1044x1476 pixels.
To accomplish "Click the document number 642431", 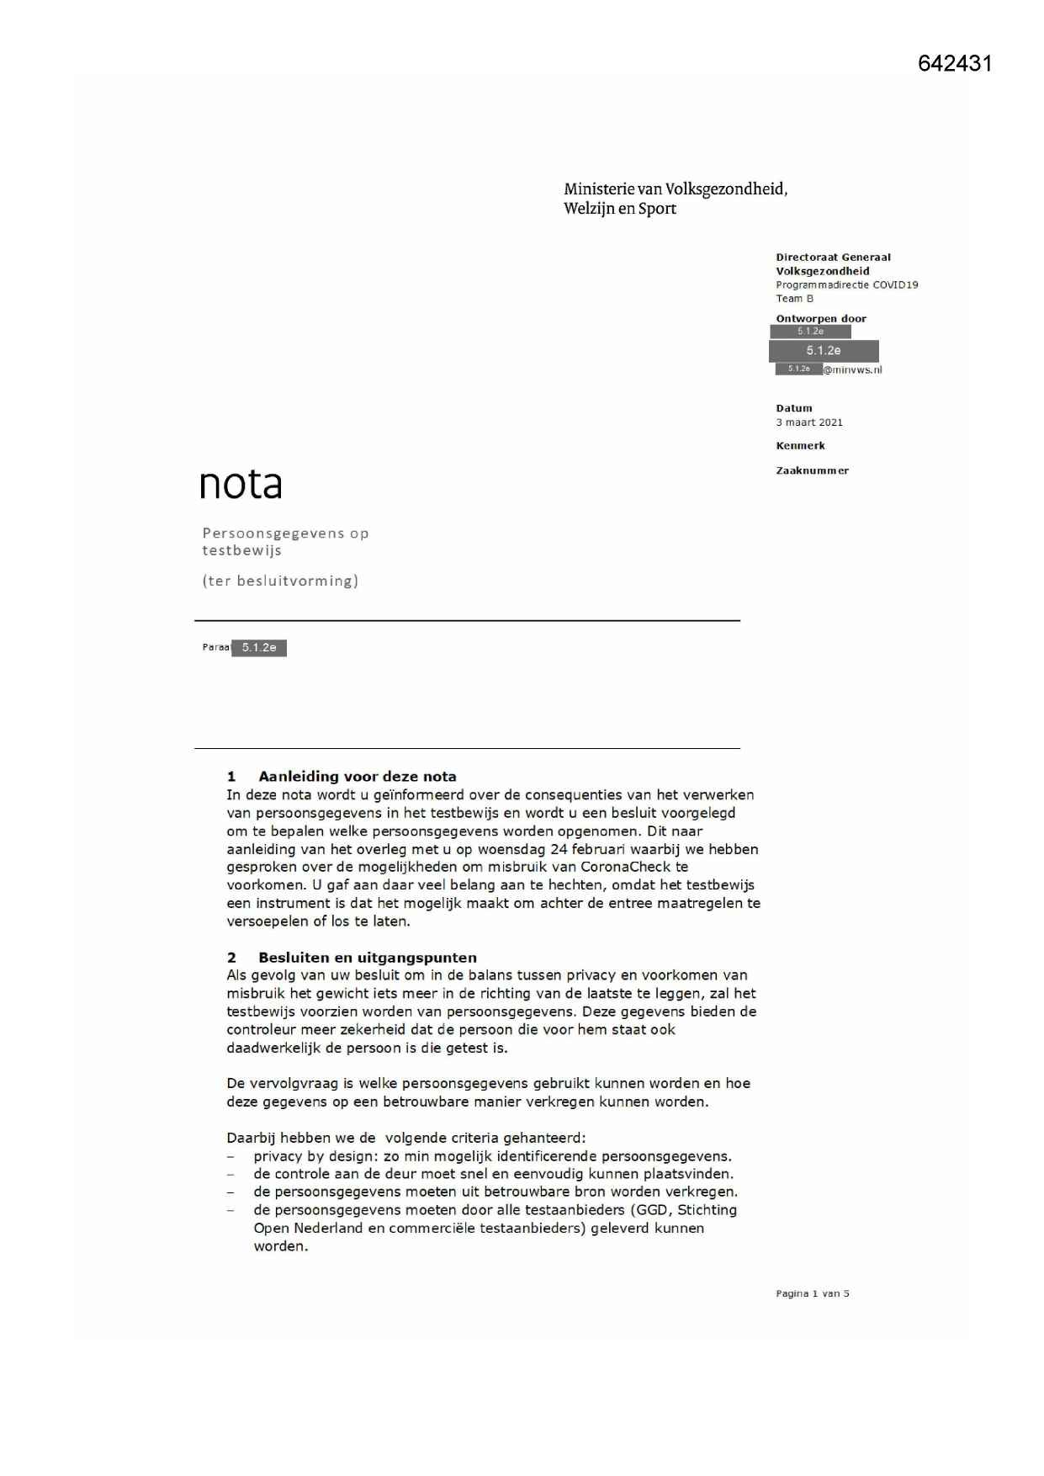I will [955, 64].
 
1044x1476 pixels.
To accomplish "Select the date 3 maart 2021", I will [808, 422].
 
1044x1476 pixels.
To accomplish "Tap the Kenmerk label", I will [800, 446].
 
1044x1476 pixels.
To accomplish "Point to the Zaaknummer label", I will [812, 471].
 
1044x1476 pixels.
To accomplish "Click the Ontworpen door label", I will [820, 319].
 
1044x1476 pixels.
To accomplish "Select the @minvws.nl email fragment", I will [852, 369].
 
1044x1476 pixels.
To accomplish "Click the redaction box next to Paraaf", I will [259, 648].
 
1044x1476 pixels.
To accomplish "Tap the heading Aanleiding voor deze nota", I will [357, 777].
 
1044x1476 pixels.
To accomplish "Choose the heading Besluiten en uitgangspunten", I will [367, 958].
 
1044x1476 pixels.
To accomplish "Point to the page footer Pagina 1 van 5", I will [812, 1294].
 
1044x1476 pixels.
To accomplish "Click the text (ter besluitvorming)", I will [280, 581].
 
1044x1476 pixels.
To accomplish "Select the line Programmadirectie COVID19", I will [846, 285].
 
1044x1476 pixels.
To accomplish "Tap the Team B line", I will [794, 299].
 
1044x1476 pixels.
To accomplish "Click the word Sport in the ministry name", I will [657, 209].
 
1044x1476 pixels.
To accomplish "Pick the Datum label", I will [793, 409].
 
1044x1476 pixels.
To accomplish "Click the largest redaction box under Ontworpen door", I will [824, 351].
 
